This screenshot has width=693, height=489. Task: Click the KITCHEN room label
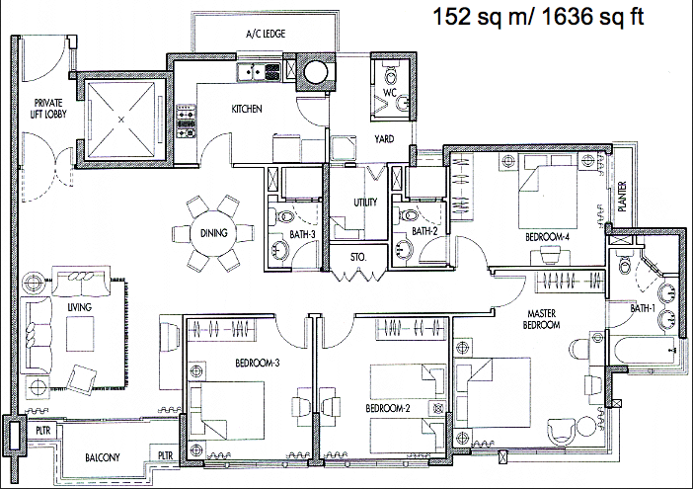coord(247,109)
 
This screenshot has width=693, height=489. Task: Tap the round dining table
coord(214,233)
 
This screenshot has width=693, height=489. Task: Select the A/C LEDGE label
coord(266,34)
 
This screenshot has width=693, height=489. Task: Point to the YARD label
coord(384,139)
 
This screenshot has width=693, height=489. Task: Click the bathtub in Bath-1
coord(645,350)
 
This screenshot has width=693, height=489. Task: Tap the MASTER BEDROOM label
coord(541,319)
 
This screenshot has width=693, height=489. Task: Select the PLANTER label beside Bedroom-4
coord(622,197)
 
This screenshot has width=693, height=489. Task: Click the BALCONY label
coord(102,457)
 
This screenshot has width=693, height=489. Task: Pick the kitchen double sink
coord(259,71)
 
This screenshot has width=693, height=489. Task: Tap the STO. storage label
coord(358,257)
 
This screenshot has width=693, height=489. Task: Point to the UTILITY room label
coord(365,203)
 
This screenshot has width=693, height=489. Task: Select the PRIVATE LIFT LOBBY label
coord(48,109)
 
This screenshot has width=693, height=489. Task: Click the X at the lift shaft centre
coord(121,119)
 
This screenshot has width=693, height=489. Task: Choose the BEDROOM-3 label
coord(258,364)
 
